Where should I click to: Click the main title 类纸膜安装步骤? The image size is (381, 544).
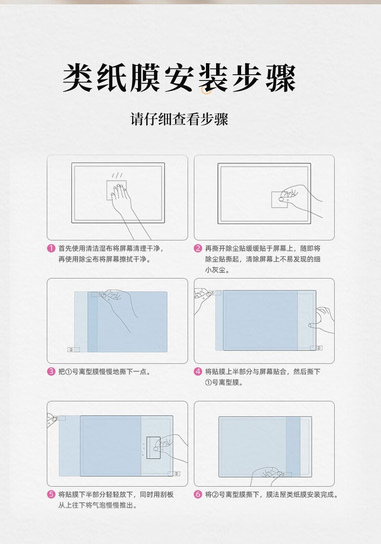179,78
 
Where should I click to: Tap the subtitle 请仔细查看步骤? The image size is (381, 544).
179,119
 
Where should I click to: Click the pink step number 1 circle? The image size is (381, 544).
52,249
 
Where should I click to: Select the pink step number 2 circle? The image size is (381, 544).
198,249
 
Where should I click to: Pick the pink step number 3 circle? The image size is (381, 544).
52,372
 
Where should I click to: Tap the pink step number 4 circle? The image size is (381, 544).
198,372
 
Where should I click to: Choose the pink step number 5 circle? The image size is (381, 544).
52,494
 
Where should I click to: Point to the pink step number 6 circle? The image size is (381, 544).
198,494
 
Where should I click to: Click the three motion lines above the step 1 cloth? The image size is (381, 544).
117,175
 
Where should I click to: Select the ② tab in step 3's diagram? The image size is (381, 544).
73,349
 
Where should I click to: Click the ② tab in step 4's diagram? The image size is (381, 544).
316,347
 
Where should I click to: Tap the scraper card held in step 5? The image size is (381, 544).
153,448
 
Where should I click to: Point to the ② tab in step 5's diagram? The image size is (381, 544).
174,474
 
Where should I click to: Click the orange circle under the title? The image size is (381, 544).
206,90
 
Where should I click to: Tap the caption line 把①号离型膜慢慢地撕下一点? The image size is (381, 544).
104,372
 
